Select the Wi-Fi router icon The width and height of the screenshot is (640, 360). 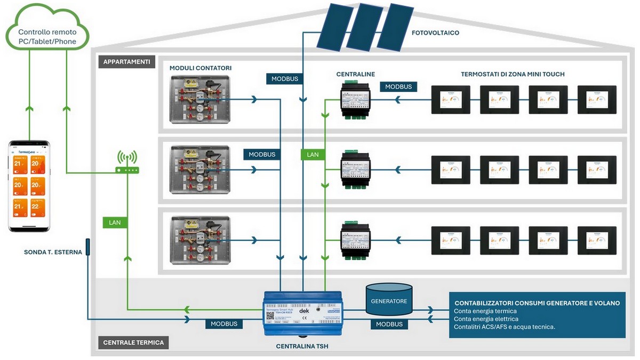127,163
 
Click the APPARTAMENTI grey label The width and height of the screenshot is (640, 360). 126,62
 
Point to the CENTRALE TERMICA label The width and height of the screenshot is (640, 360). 133,342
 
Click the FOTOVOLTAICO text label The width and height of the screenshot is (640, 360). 435,33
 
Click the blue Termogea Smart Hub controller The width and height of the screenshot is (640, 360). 303,313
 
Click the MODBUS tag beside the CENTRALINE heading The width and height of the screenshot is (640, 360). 398,86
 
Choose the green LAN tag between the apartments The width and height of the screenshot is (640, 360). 313,155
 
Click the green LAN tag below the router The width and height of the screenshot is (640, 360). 115,221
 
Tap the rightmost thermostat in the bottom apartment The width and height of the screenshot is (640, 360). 597,241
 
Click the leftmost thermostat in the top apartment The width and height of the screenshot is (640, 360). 451,99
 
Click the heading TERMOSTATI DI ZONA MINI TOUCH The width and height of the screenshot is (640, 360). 513,74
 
